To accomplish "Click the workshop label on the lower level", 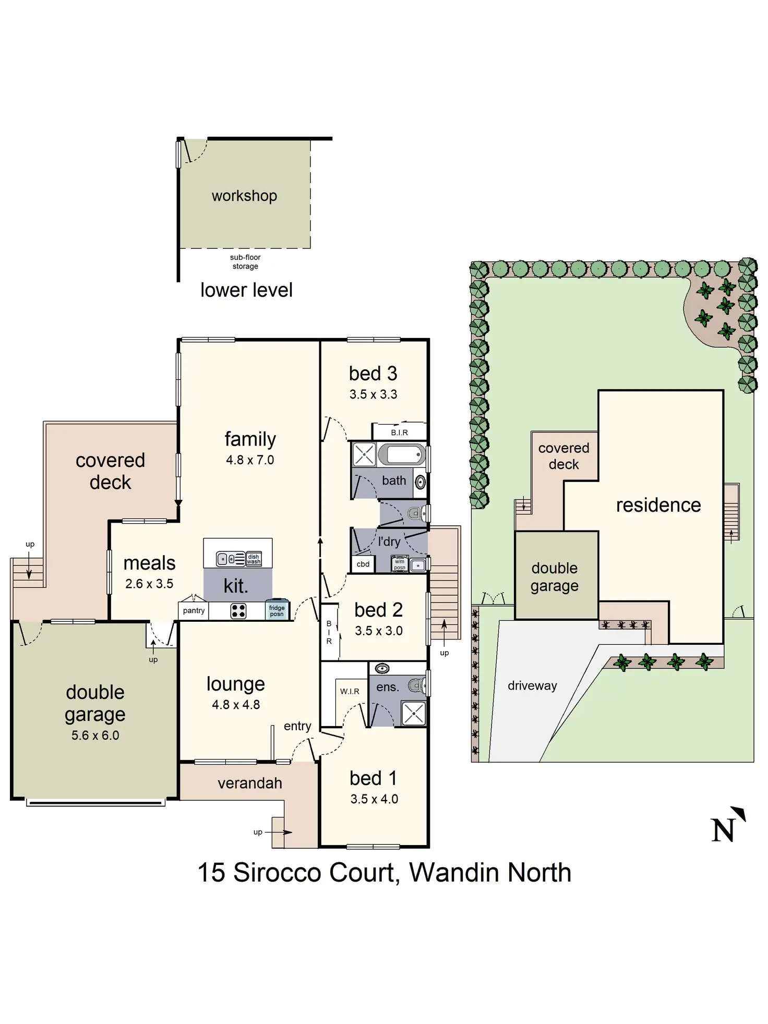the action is [x=244, y=196].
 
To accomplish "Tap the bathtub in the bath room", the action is [x=401, y=454].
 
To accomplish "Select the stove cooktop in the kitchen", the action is [x=238, y=611].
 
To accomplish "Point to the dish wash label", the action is [x=254, y=559].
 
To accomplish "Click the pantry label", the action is [x=194, y=610].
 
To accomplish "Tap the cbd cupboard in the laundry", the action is [x=363, y=564].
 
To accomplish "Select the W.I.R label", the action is [x=350, y=691].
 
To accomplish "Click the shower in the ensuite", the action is [x=414, y=713].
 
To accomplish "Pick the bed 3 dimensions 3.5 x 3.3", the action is [x=373, y=394].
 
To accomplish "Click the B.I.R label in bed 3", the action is [x=399, y=432].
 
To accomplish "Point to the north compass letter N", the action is [x=723, y=829].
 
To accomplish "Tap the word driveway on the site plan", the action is [x=532, y=685].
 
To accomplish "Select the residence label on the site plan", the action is [x=658, y=505].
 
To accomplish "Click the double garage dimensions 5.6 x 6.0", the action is [x=95, y=735].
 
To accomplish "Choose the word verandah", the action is [x=250, y=783].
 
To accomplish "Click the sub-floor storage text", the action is [x=245, y=262].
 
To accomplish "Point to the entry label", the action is [x=297, y=726].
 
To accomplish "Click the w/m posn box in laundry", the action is [x=400, y=564].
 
